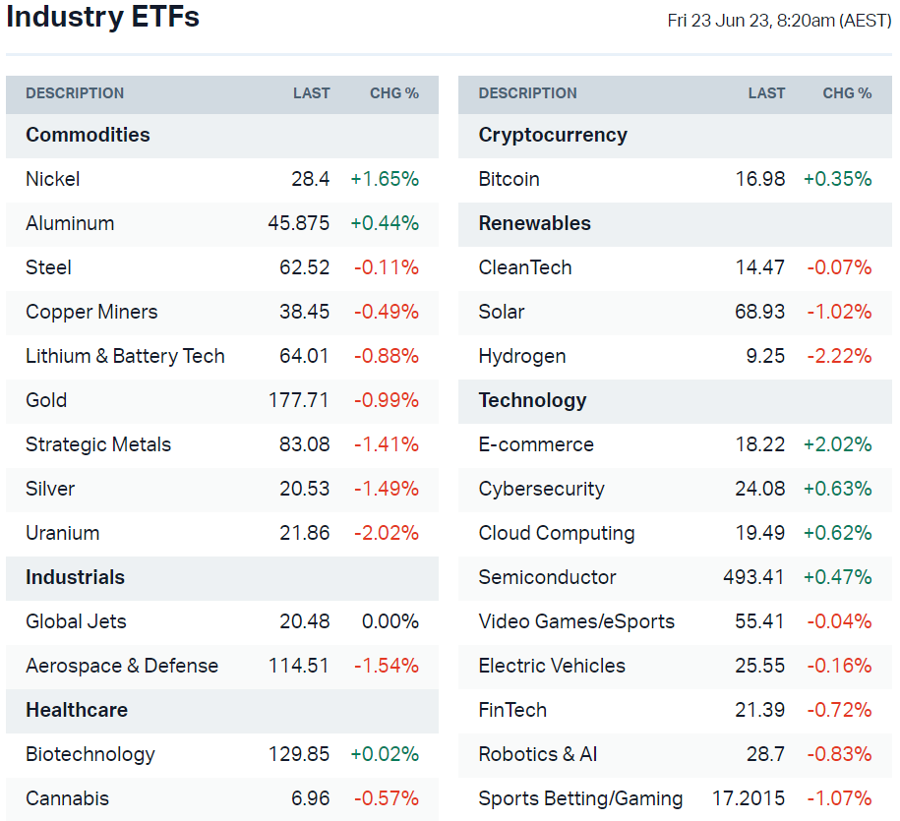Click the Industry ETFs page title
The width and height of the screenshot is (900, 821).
[102, 18]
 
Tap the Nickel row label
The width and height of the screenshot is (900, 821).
[53, 179]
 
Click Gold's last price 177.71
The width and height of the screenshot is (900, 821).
[299, 400]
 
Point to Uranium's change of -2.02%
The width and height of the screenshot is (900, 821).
[387, 533]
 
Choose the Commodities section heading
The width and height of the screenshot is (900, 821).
[88, 135]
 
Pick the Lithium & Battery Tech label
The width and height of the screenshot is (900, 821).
[125, 356]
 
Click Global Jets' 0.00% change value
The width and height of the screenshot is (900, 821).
[390, 621]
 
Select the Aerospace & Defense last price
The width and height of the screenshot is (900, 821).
[299, 666]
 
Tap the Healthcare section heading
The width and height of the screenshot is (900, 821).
[77, 710]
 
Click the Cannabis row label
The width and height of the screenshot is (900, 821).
[67, 798]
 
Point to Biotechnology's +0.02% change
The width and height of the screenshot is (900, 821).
[385, 754]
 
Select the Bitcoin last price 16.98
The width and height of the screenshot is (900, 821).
[760, 179]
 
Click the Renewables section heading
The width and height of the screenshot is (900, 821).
[535, 223]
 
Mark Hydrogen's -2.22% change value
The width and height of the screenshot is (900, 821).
[839, 356]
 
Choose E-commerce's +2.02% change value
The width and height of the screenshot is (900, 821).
[838, 444]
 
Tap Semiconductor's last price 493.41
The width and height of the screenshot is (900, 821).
[754, 577]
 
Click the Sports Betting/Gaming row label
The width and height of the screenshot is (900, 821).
[580, 798]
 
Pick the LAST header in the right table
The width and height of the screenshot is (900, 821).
[766, 93]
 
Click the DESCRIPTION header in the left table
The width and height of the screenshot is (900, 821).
[75, 93]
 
